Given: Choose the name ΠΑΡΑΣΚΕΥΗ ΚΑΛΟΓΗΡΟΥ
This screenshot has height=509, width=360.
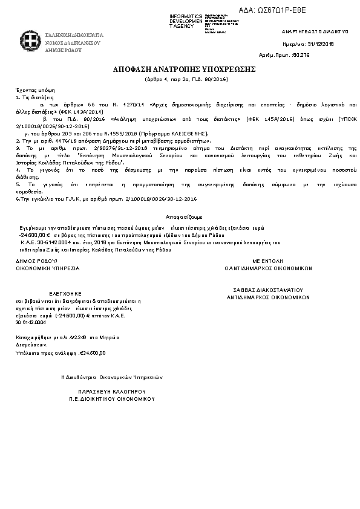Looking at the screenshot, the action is pyautogui.click(x=113, y=392).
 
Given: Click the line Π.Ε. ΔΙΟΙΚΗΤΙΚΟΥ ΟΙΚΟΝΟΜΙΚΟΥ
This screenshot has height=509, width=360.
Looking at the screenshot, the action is pyautogui.click(x=113, y=399).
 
